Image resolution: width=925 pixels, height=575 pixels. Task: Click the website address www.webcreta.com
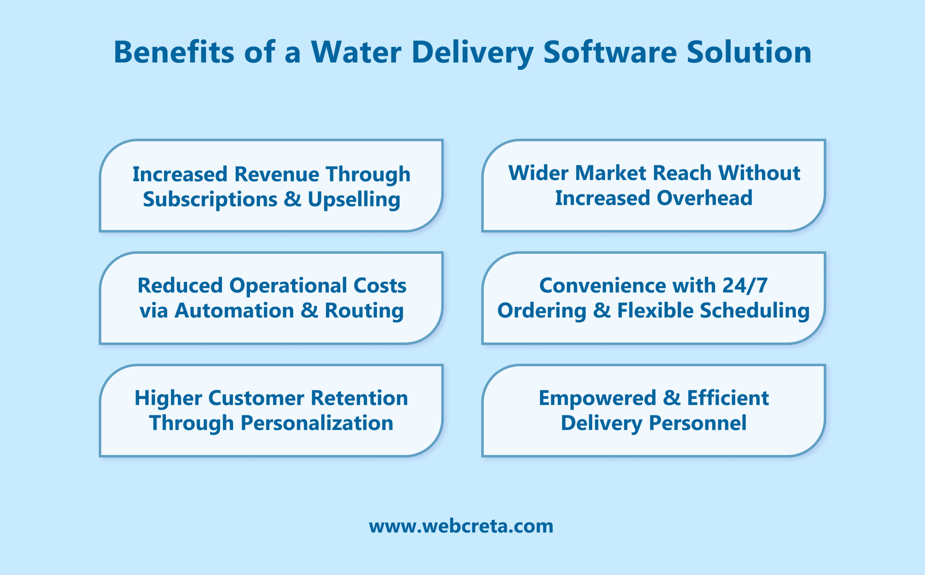(x=461, y=526)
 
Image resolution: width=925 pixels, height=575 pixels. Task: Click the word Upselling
(x=354, y=199)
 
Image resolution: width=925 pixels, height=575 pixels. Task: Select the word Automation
(x=234, y=311)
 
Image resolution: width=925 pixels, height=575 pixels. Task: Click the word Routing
(x=364, y=311)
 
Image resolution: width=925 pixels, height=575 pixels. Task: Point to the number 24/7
(x=745, y=286)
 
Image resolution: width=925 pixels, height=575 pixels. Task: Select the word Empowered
(x=597, y=398)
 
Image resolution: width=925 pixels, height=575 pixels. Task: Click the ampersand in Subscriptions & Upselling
(x=292, y=199)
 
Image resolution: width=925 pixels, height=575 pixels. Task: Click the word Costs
(x=380, y=286)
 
